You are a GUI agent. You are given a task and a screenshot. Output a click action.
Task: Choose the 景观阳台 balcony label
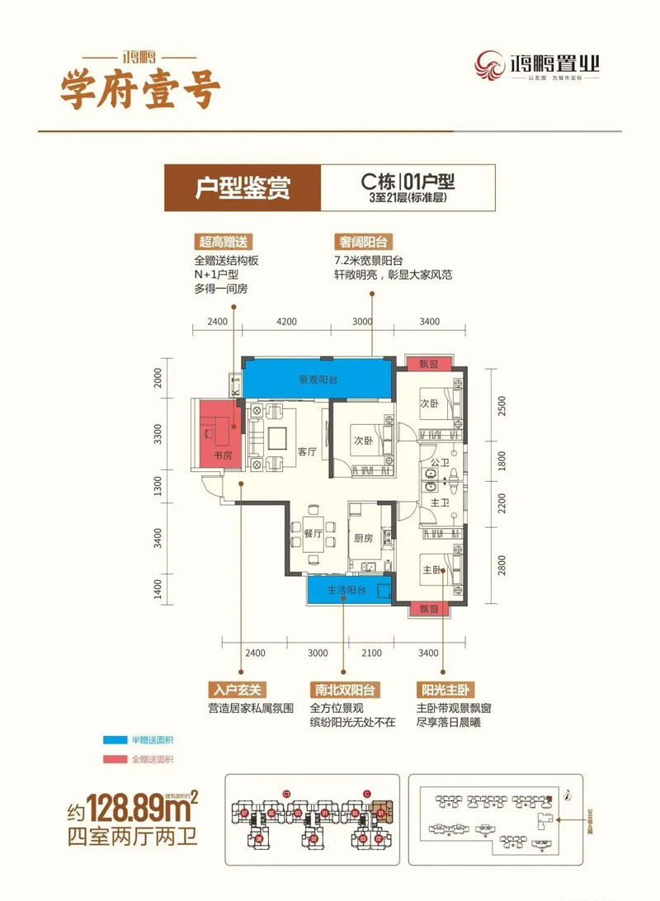click(318, 380)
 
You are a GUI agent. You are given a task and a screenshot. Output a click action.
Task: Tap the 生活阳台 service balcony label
click(341, 589)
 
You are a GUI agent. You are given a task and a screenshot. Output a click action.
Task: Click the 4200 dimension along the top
click(285, 322)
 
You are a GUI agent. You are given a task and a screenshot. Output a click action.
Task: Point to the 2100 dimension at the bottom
click(371, 653)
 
